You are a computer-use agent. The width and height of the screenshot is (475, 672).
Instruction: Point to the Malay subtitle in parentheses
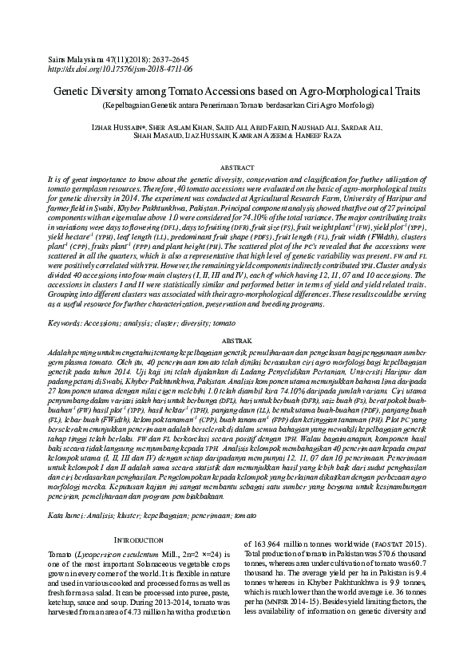[x=237, y=105]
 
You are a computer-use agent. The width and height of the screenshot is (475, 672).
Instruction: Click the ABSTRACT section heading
[x=237, y=168]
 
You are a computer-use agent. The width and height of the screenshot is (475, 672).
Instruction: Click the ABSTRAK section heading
[x=237, y=341]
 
